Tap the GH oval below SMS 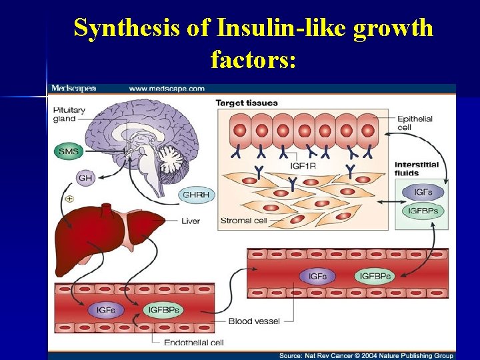point(85,178)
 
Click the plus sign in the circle point(69,199)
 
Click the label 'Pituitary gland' point(69,114)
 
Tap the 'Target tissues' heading point(246,103)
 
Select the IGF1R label point(305,165)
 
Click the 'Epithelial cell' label point(415,123)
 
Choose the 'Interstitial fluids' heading point(417,169)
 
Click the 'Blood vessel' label point(250,321)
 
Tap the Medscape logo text point(74,89)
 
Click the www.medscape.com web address point(167,89)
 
